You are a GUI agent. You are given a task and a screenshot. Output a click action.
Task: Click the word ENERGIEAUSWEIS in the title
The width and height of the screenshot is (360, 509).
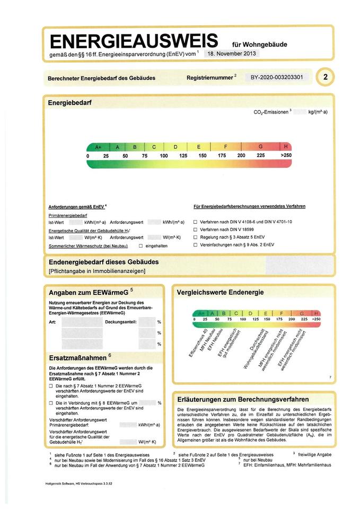134,41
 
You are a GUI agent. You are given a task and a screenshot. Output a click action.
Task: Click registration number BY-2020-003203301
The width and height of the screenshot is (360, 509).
276,77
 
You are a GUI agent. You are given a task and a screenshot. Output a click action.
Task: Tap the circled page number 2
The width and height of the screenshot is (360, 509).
324,77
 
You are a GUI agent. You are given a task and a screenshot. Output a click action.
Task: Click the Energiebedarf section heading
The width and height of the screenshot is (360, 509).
70,102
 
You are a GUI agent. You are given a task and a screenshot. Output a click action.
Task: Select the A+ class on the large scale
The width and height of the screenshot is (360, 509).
98,146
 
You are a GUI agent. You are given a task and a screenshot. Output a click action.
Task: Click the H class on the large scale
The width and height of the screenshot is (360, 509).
286,146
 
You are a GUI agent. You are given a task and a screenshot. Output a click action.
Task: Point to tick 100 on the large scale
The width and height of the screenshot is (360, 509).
163,156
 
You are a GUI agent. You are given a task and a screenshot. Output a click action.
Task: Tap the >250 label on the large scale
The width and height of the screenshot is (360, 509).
286,155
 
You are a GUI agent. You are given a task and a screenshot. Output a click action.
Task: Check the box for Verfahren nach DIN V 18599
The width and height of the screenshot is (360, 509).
195,230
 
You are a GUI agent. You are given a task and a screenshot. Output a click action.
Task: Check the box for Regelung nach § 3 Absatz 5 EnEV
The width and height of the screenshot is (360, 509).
195,237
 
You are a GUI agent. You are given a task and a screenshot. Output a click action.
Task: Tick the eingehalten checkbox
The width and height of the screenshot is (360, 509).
141,246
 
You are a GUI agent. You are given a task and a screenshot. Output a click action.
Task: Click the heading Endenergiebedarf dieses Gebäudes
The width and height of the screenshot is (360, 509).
103,262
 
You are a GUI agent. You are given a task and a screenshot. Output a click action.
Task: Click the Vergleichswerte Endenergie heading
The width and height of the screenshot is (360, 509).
219,292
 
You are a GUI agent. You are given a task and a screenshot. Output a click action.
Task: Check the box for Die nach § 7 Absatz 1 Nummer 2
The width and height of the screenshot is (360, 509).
51,387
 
